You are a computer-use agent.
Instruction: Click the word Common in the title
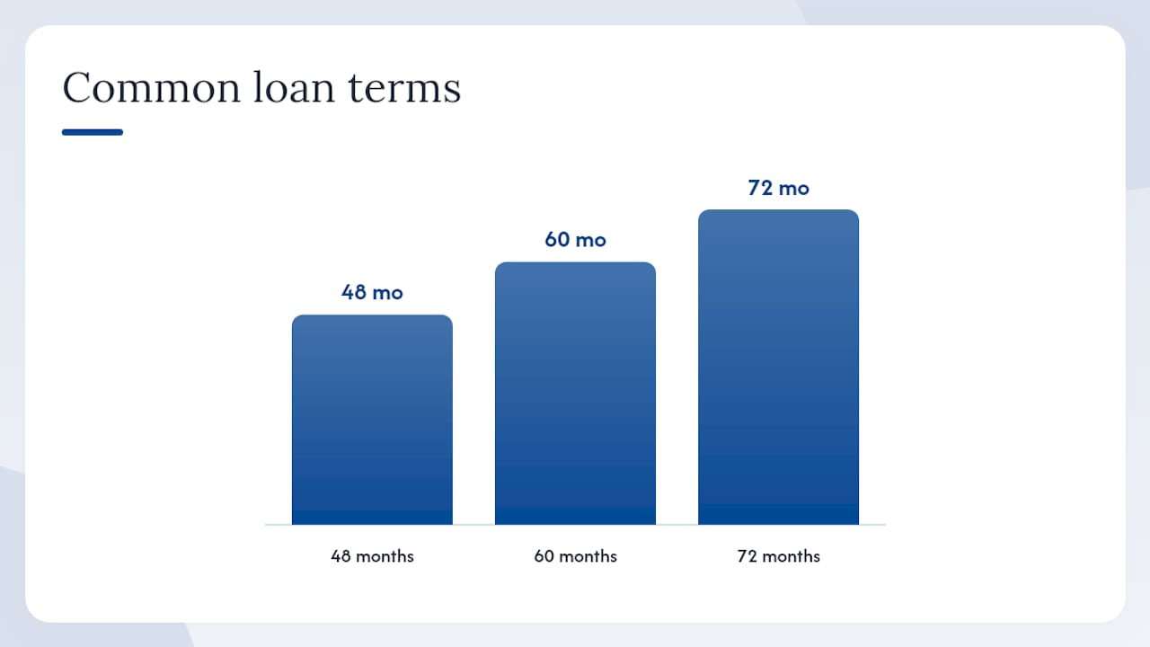(x=152, y=87)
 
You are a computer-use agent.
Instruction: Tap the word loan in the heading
(x=294, y=86)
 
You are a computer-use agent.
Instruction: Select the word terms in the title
(x=404, y=88)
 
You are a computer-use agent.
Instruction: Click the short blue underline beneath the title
(x=93, y=132)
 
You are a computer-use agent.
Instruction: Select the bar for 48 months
(x=372, y=420)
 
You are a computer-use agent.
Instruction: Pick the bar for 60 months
(x=575, y=394)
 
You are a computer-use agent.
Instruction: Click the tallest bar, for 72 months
(x=778, y=368)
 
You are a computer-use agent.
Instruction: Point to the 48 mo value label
(x=372, y=292)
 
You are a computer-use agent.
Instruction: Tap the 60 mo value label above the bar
(x=575, y=240)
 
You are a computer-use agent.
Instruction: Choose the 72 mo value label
(x=778, y=188)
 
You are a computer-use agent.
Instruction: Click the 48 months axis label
(x=372, y=556)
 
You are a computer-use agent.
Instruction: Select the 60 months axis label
(x=575, y=556)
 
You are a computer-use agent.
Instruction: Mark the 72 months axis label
(x=778, y=556)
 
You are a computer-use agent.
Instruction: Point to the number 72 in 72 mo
(x=760, y=188)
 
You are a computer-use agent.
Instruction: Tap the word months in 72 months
(x=792, y=556)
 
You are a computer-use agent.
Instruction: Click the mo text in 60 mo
(x=591, y=241)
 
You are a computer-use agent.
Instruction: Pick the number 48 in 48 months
(x=340, y=556)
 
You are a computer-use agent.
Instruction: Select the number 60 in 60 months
(x=544, y=556)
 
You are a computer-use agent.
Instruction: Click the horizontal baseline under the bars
(x=575, y=525)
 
